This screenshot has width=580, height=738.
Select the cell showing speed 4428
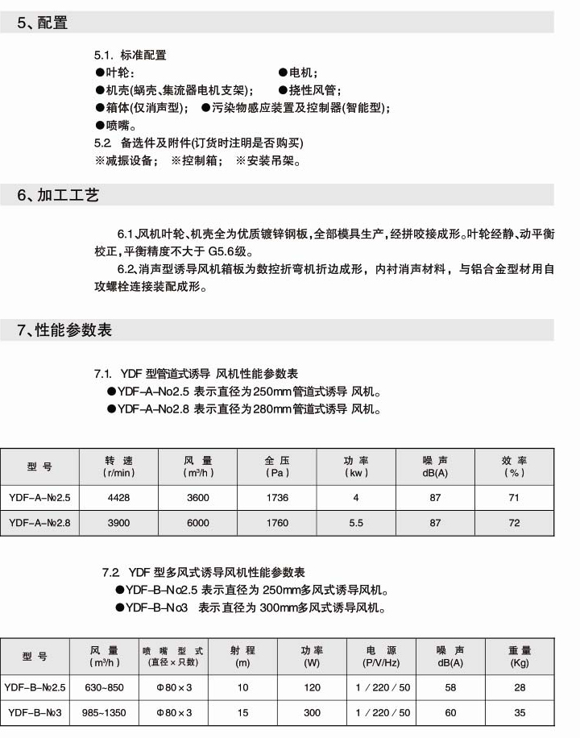point(118,498)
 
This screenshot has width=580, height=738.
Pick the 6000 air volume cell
point(197,523)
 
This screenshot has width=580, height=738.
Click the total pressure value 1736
point(276,498)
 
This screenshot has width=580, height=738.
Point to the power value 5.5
point(355,523)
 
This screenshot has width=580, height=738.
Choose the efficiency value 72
point(514,523)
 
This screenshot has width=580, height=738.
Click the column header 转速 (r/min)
point(118,466)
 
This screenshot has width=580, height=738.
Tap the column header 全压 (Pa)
point(276,466)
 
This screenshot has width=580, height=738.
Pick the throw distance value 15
point(242,712)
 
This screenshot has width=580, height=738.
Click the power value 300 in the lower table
point(312,712)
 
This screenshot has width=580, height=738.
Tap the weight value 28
point(520,687)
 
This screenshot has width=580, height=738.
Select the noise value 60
point(450,712)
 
